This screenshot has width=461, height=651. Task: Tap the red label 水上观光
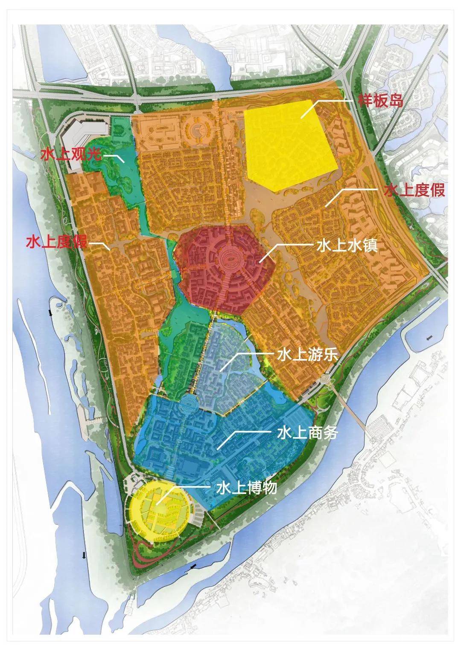pyautogui.click(x=71, y=154)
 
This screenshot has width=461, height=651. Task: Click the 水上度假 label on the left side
pyautogui.click(x=57, y=242)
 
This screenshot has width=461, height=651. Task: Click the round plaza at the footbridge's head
pyautogui.click(x=325, y=379)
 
